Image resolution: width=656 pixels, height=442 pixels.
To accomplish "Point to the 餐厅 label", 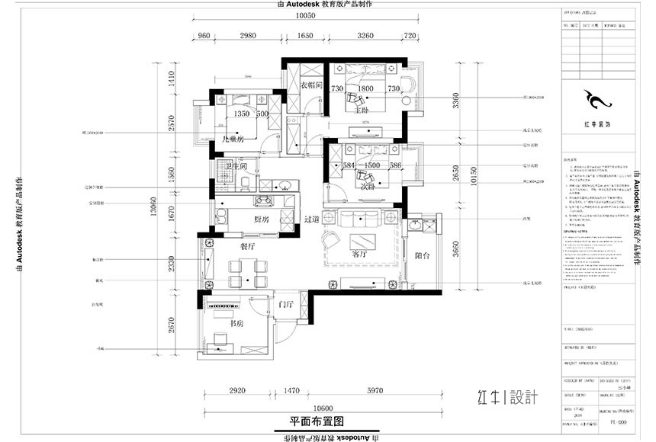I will point(247,246).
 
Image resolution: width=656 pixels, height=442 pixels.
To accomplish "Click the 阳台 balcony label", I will point(422,257).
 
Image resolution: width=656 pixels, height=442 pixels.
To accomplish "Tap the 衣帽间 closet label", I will point(313,85).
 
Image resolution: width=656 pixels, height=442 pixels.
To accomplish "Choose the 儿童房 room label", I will point(231,139).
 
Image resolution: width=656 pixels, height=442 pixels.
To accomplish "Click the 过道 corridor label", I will point(310,219).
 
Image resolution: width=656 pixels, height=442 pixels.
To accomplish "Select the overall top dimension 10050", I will point(306,15).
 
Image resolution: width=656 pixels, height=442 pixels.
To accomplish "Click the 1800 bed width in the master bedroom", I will point(365,89).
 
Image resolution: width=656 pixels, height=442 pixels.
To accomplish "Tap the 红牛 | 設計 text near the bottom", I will point(508,396).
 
